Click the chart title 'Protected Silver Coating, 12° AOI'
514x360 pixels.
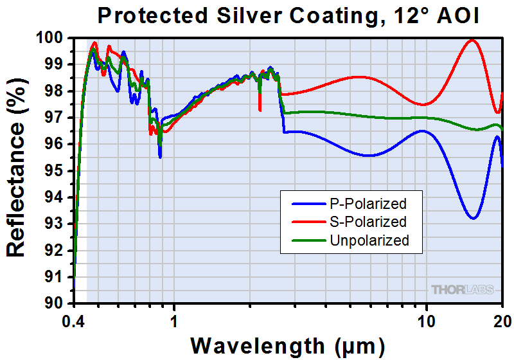pos(287,15)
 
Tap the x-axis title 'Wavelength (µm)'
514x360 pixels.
pos(287,345)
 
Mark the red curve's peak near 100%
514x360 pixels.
pos(473,40)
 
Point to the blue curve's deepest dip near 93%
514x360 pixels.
pos(473,219)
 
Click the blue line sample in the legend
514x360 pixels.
pos(308,204)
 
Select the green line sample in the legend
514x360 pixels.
pos(308,240)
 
